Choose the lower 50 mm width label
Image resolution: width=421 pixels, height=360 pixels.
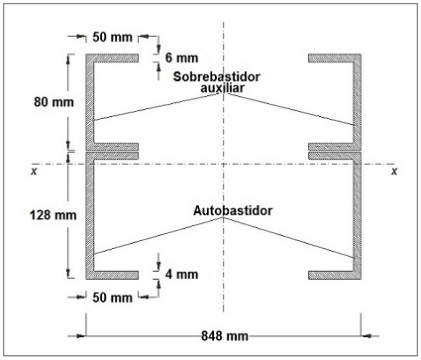pos(112,297)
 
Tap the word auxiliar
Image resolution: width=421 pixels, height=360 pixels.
pos(223,87)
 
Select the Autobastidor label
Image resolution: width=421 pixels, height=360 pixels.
pos(235,211)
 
